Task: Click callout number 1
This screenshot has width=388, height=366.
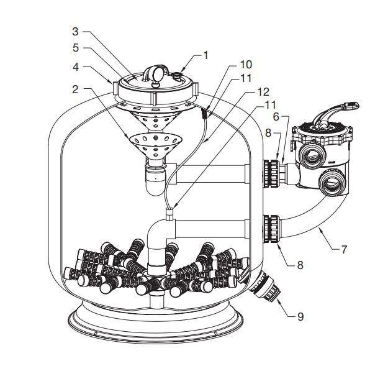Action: [205, 54]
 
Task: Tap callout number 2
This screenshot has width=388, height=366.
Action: [75, 89]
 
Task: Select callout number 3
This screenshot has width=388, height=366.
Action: [75, 30]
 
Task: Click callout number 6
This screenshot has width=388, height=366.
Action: [276, 115]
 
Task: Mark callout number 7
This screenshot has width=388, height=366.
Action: [345, 250]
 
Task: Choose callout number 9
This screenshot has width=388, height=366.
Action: [300, 316]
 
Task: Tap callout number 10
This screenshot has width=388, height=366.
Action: [245, 64]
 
